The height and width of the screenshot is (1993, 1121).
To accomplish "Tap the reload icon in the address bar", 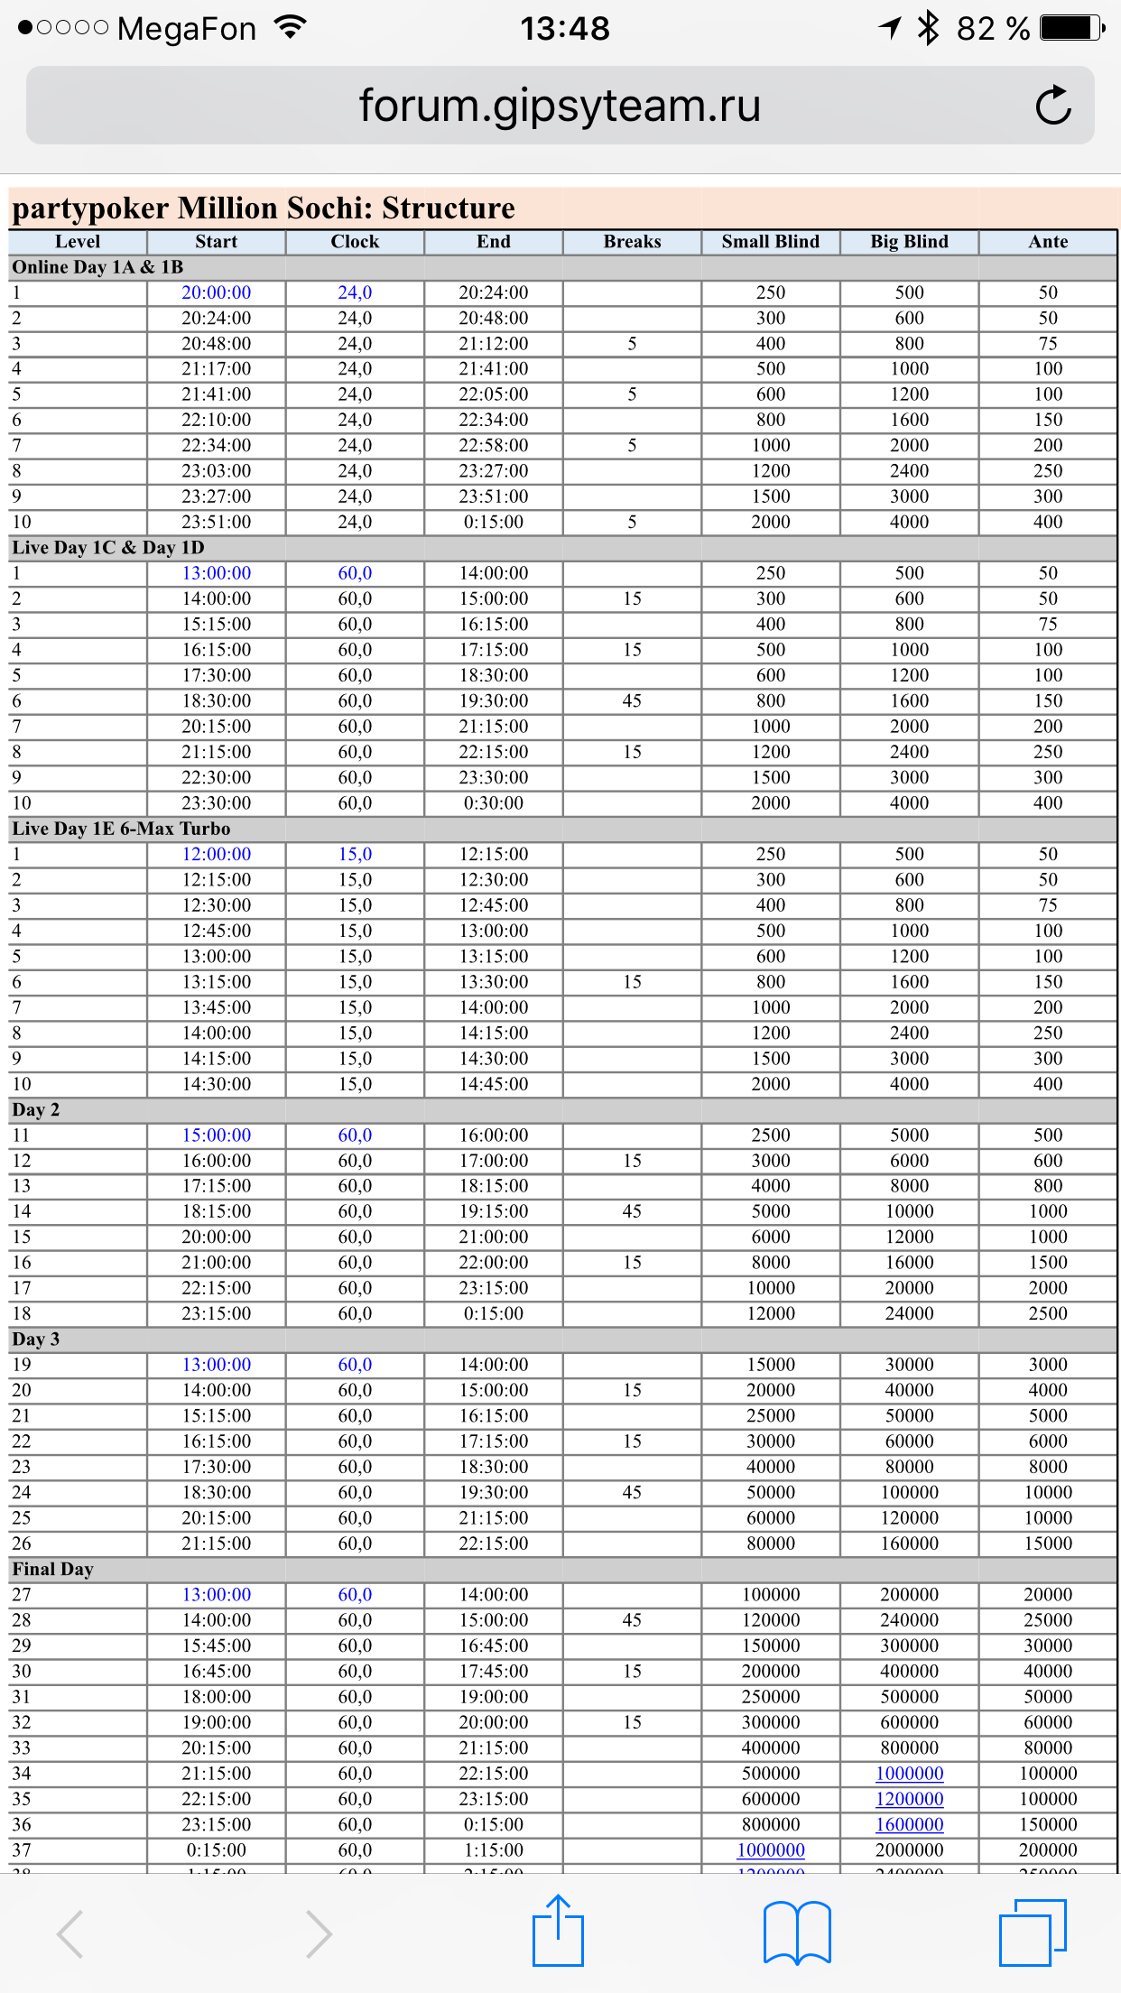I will click(x=1052, y=106).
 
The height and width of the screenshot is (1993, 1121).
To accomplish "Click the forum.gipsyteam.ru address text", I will click(x=560, y=106).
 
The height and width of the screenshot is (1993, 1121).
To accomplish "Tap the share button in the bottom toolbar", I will click(x=558, y=1931).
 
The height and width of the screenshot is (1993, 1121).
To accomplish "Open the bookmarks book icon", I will click(x=797, y=1933).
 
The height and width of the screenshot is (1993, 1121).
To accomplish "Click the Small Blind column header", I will click(x=770, y=242).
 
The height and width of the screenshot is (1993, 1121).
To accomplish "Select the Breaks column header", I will click(x=632, y=242).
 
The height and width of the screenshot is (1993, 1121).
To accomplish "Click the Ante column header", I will click(x=1048, y=242).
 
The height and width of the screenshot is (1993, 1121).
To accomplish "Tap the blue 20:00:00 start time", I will click(x=217, y=292).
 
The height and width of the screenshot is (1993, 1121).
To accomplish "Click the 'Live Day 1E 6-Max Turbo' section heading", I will click(x=121, y=829).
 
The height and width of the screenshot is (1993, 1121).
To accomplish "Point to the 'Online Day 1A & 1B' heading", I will click(x=97, y=267).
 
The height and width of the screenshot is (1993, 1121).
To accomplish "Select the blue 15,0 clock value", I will click(x=355, y=854).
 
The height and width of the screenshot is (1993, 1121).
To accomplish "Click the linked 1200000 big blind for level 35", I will click(x=909, y=1799).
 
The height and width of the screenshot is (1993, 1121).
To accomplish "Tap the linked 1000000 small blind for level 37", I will click(x=771, y=1849).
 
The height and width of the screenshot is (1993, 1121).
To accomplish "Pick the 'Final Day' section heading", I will click(x=52, y=1569).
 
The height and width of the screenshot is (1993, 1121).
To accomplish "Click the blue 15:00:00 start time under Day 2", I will click(x=217, y=1135).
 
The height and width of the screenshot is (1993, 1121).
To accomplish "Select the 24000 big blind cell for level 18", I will click(x=909, y=1313).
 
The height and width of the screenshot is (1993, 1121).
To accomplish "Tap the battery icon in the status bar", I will click(x=1071, y=29).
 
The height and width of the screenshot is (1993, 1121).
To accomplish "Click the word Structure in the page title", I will click(x=448, y=209).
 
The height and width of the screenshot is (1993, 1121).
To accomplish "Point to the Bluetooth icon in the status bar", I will click(x=928, y=29).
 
